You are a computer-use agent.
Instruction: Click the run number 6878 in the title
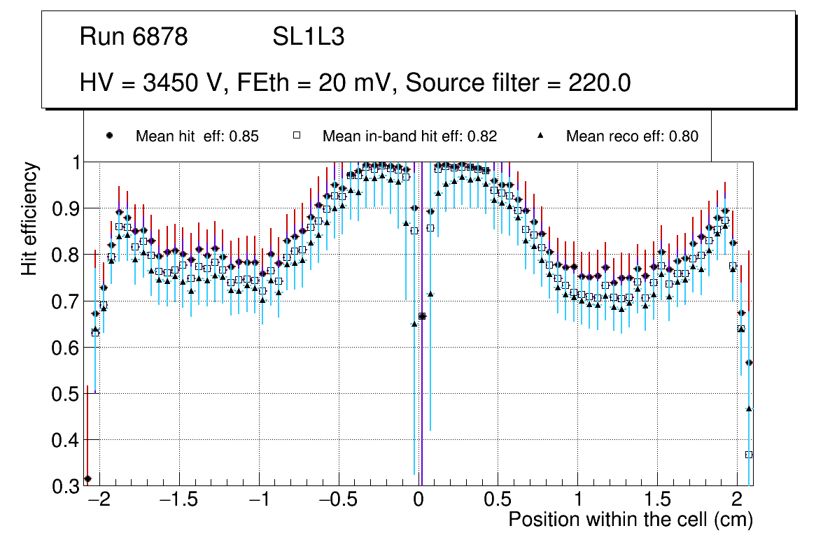160,37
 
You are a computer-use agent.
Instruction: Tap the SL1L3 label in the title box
309,37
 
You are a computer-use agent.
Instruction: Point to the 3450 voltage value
170,83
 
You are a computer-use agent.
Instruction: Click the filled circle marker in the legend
109,136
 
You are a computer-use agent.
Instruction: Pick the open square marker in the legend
296,136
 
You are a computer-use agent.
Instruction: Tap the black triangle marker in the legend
540,136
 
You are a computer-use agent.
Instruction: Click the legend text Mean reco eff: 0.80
631,136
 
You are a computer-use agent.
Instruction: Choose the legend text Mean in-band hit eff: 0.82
409,136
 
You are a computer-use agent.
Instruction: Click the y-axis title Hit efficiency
29,218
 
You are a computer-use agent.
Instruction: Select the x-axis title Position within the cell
630,520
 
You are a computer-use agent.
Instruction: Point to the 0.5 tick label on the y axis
66,394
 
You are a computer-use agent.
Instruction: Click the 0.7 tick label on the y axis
66,301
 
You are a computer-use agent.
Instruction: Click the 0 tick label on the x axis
418,501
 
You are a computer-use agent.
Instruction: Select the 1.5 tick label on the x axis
657,501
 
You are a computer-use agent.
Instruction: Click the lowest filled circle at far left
87,478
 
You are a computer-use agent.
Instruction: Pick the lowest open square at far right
749,455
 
